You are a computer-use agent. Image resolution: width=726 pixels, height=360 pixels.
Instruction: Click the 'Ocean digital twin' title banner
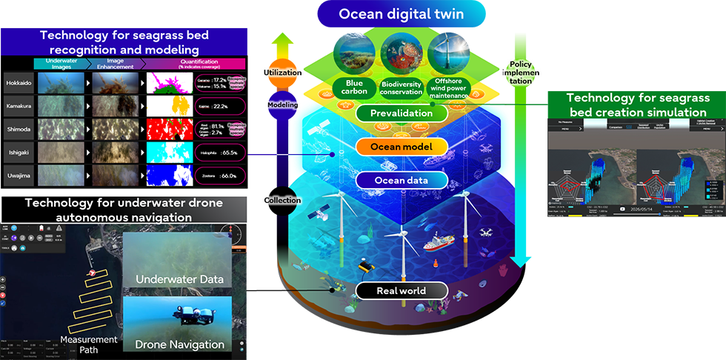402,14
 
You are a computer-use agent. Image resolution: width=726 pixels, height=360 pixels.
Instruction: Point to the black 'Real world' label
401,290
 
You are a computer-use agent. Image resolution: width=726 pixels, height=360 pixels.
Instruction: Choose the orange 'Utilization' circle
282,73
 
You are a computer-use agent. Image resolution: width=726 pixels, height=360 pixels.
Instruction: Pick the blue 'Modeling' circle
281,105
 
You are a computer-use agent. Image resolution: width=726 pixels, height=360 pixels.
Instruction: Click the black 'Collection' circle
281,200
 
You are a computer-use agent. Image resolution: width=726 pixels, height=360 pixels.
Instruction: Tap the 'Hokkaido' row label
18,82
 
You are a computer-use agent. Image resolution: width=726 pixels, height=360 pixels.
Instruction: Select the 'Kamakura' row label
18,107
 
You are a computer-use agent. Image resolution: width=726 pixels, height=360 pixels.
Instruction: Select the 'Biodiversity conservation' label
399,88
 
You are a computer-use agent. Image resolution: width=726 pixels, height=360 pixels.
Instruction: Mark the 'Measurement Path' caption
89,344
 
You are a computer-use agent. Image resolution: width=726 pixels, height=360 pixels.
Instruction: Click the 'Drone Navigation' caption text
179,344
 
